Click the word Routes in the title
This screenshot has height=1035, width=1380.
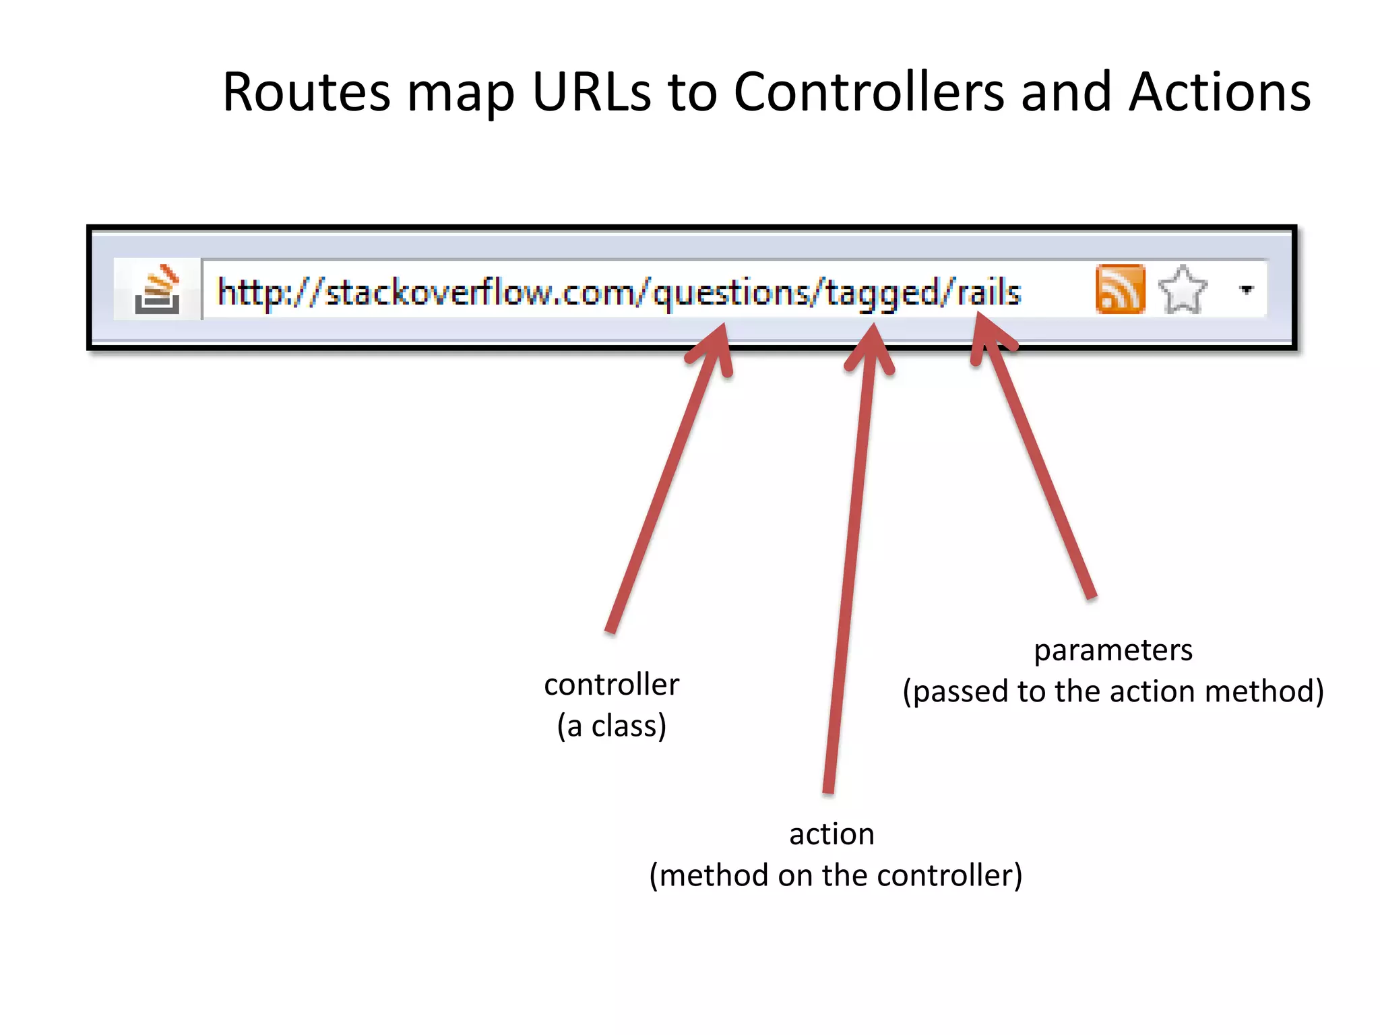pyautogui.click(x=307, y=92)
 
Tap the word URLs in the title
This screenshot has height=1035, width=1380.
pyautogui.click(x=592, y=92)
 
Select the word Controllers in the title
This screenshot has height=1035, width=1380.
pyautogui.click(x=869, y=92)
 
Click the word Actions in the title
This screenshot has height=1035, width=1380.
pyautogui.click(x=1220, y=92)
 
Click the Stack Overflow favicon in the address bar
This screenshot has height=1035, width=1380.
pyautogui.click(x=158, y=290)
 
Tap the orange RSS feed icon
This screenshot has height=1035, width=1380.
pyautogui.click(x=1120, y=289)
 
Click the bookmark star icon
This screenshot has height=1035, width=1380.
pyautogui.click(x=1183, y=290)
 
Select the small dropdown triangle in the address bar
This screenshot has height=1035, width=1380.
pyautogui.click(x=1247, y=290)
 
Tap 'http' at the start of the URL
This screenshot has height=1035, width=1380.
pyautogui.click(x=247, y=292)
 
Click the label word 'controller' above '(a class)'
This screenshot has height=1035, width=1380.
pyautogui.click(x=611, y=685)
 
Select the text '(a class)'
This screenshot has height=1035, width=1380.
pyautogui.click(x=611, y=726)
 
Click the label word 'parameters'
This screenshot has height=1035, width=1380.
pyautogui.click(x=1113, y=650)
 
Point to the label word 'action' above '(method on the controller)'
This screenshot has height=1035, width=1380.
pyautogui.click(x=832, y=834)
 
